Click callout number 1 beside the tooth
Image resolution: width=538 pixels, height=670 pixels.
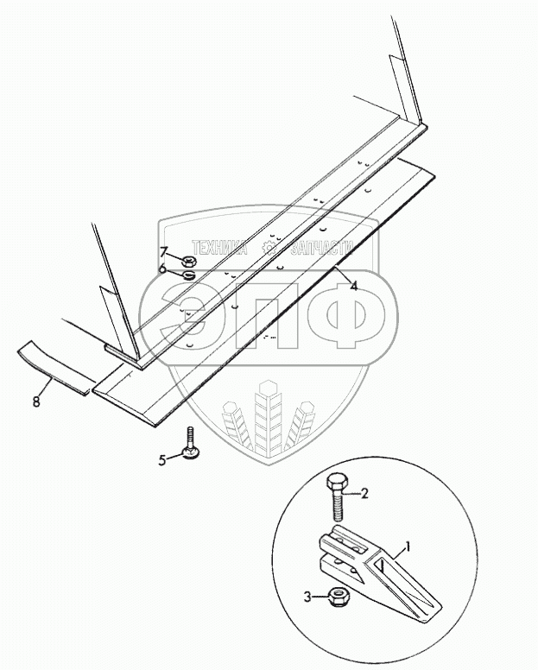[x=408, y=547]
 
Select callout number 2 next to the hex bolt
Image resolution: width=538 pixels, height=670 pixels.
[x=364, y=494]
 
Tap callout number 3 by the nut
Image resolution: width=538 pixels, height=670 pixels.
[x=307, y=597]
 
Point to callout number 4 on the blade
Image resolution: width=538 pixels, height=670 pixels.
[x=354, y=286]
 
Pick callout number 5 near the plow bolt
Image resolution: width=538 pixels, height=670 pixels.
[x=162, y=461]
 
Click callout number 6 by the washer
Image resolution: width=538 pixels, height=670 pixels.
[x=162, y=269]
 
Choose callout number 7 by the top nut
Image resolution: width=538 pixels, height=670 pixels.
[x=164, y=251]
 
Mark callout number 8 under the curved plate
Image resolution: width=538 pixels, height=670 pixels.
[x=36, y=401]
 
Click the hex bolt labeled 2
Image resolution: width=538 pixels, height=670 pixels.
[x=337, y=496]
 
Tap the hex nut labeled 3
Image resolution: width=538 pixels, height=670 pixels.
[x=339, y=596]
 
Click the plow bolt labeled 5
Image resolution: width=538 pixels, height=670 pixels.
[x=190, y=445]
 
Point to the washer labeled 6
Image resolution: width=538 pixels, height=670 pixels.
[x=189, y=275]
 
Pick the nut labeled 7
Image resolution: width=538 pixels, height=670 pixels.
[x=189, y=260]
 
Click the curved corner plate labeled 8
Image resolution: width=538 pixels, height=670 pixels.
[x=55, y=368]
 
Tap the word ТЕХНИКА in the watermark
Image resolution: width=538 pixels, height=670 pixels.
[x=219, y=248]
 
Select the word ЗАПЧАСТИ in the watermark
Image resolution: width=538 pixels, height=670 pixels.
[x=322, y=248]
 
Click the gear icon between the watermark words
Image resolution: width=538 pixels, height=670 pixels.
[x=269, y=247]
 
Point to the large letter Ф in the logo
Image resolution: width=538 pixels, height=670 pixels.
[x=345, y=317]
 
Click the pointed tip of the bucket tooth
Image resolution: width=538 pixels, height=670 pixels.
[x=440, y=607]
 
